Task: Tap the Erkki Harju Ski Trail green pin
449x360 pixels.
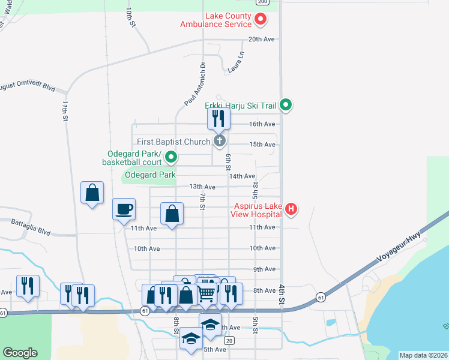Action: (286, 106)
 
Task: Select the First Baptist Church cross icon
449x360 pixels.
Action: (220, 142)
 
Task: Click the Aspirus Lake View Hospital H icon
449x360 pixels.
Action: (291, 209)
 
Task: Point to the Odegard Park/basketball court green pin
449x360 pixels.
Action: (172, 158)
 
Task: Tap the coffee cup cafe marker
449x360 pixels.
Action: (124, 209)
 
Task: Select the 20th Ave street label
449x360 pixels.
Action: (262, 39)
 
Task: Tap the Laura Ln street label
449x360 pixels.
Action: (237, 62)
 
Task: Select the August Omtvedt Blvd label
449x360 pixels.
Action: (27, 87)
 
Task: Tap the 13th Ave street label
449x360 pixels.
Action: (202, 187)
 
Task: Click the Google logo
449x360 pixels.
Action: (20, 353)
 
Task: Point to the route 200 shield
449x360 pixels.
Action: (262, 2)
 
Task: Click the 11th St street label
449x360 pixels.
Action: (64, 112)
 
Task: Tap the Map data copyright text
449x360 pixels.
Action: (423, 355)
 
